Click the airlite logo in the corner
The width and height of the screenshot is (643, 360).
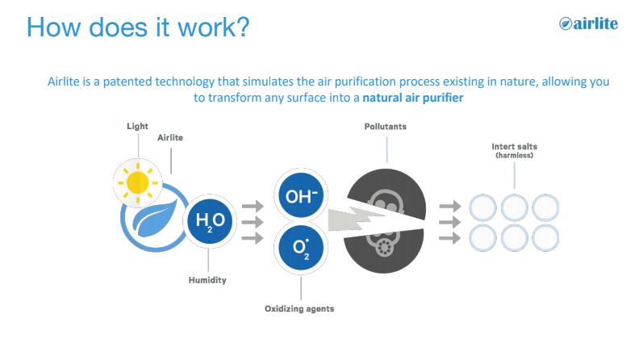point(588,23)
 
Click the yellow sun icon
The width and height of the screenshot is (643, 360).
point(138,182)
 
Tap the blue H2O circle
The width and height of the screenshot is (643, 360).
point(210,221)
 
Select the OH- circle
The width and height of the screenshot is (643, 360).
point(301,196)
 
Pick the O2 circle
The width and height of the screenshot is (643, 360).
point(301,248)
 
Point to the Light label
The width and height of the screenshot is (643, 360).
point(137,126)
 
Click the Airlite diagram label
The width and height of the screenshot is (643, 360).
point(170,137)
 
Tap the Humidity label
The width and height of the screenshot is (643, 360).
point(207,280)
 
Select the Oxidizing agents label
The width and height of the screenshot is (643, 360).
point(299,308)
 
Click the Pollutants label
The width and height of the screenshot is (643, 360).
point(386,127)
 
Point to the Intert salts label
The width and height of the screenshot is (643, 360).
point(514,147)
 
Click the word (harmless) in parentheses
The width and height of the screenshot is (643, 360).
point(514,155)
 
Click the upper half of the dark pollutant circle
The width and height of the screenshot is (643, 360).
point(387,190)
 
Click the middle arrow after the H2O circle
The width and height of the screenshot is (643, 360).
point(253,222)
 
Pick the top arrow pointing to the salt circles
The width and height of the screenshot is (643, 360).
point(450,206)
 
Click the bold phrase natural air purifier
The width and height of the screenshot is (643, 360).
point(413,98)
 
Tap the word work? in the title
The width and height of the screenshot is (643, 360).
point(213,27)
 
